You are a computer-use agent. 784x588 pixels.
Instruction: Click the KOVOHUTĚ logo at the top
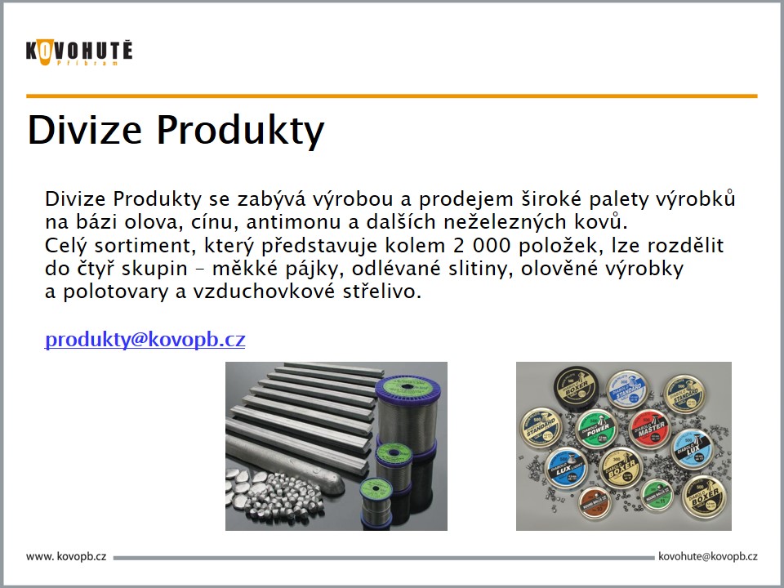[78, 52]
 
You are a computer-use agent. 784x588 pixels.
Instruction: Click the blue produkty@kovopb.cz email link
[145, 340]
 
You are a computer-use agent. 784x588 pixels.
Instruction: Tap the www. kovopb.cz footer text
[67, 557]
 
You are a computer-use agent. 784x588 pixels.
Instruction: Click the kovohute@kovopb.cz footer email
[707, 557]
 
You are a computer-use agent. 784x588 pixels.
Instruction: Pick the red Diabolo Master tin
[650, 428]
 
